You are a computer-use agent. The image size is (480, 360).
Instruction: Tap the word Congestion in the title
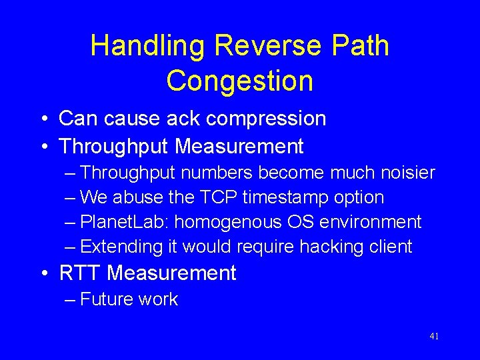point(239,81)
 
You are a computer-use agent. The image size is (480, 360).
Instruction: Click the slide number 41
point(434,337)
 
